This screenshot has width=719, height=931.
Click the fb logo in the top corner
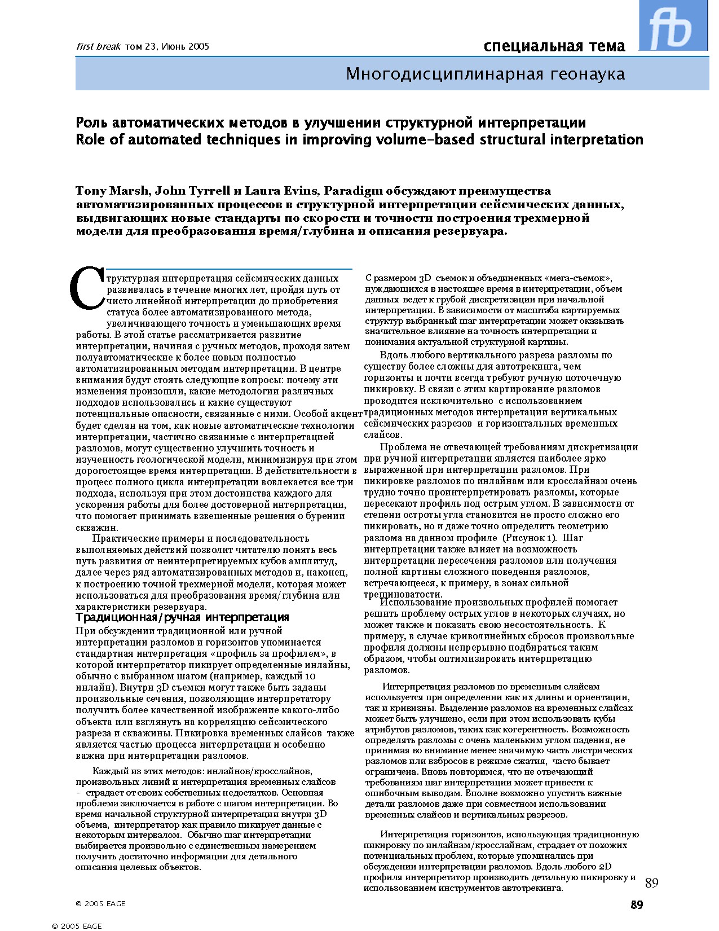pyautogui.click(x=673, y=26)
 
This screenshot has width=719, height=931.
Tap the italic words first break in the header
pyautogui.click(x=99, y=47)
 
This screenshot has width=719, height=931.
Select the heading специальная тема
pyautogui.click(x=554, y=46)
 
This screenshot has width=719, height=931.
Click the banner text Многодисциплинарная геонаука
pyautogui.click(x=485, y=74)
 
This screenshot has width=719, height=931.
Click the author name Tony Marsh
pyautogui.click(x=112, y=191)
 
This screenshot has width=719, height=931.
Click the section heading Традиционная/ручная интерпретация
pyautogui.click(x=182, y=618)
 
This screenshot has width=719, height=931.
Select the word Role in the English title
pyautogui.click(x=90, y=140)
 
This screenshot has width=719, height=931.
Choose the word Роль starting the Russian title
pyautogui.click(x=92, y=123)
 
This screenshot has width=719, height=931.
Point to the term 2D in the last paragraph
pyautogui.click(x=605, y=867)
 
